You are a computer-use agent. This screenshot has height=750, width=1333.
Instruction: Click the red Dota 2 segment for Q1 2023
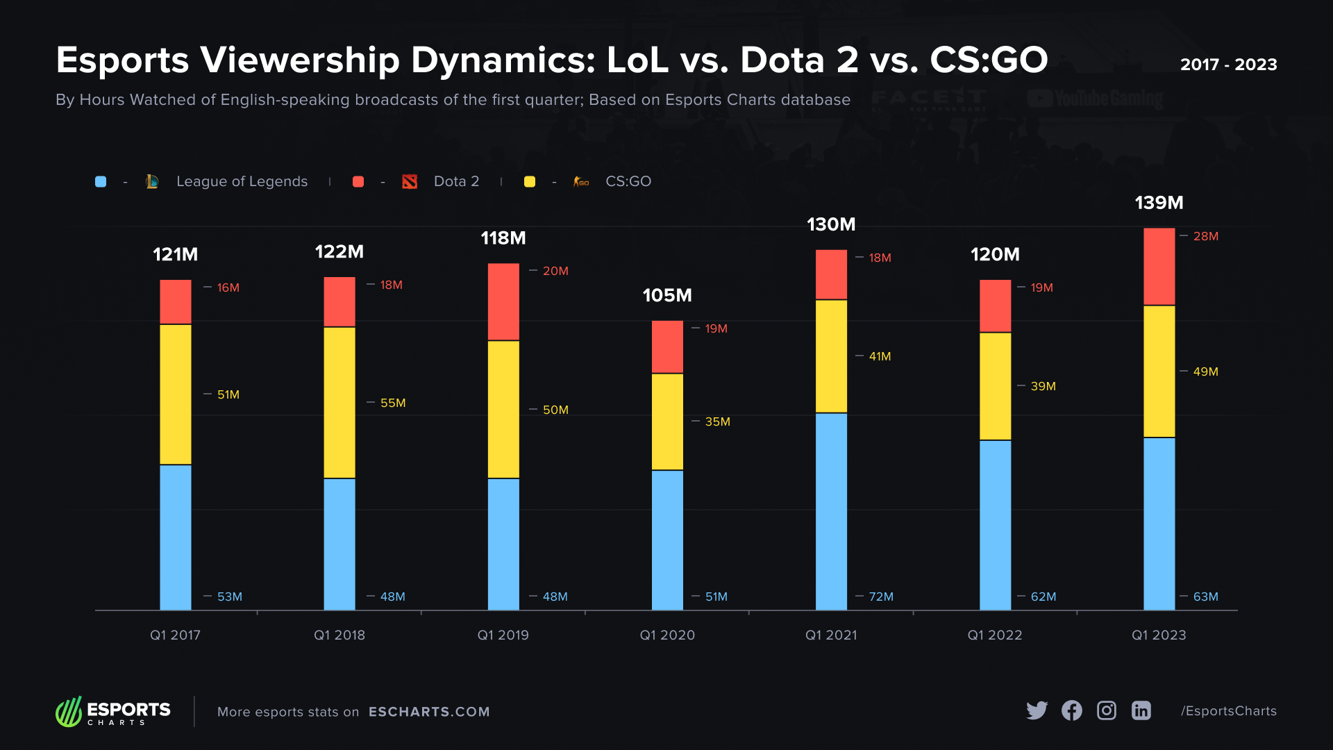coord(1159,267)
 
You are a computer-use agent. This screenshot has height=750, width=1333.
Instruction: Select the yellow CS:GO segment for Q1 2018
coord(339,402)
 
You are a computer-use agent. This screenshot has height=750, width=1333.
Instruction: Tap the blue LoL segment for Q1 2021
coord(831,511)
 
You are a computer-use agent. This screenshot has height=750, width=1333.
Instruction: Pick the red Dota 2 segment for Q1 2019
coord(503,301)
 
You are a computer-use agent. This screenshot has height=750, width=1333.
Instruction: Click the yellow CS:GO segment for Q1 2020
coord(667,422)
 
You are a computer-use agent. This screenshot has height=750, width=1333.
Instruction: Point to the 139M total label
coord(1159,203)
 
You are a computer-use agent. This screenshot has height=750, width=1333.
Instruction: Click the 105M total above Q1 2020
coord(667,295)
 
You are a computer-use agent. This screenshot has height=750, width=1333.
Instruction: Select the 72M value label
coord(881,597)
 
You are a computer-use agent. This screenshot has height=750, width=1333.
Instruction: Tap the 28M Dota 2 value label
coord(1205,236)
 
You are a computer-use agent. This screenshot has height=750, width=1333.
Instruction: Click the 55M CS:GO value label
coord(393,403)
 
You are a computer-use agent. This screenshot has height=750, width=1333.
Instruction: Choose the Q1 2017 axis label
coord(175,635)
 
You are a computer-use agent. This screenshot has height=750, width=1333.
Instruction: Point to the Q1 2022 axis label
coord(995,635)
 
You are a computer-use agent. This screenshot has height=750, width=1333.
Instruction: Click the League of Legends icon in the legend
coord(152,181)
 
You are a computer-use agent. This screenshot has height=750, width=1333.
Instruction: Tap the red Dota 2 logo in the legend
coord(410,181)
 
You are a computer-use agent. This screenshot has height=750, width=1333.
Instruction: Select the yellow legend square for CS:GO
coord(530,181)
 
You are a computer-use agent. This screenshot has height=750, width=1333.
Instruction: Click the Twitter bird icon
coord(1037,710)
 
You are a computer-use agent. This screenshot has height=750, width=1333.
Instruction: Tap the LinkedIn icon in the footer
coord(1141,710)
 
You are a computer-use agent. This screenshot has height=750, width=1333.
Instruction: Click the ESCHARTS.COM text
coord(429,712)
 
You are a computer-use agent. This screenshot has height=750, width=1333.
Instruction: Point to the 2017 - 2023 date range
coord(1228,65)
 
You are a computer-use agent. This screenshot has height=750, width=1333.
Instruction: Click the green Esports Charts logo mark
coord(69,712)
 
